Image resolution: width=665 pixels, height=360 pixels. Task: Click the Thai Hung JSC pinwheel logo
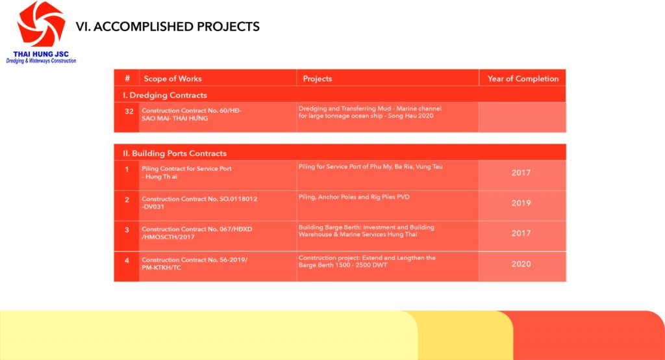41,24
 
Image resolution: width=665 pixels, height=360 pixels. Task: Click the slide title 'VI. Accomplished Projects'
168,27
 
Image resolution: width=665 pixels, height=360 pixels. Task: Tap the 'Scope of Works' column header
173,79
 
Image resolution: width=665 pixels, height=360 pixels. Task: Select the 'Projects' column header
317,79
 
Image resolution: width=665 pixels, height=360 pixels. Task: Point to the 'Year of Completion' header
523,79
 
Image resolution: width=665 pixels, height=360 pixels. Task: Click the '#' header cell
127,79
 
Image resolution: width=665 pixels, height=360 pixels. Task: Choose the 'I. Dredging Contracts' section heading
165,95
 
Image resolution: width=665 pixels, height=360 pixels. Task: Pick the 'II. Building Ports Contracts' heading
175,153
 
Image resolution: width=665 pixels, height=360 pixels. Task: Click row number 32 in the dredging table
129,111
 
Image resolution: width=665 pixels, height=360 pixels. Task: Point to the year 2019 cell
521,203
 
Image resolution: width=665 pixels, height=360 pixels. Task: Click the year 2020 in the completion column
521,264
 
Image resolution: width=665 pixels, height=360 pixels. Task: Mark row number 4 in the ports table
127,261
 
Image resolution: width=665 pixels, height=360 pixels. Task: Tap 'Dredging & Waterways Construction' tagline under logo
41,60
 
